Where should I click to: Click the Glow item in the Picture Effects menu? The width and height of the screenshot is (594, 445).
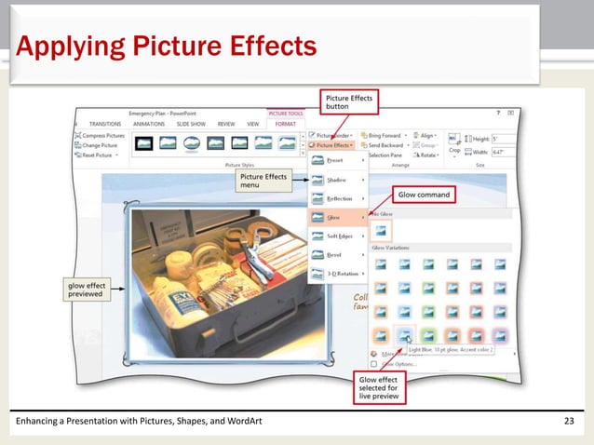[332, 217]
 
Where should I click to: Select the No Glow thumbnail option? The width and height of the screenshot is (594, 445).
[382, 229]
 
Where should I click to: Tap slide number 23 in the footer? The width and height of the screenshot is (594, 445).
[570, 425]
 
